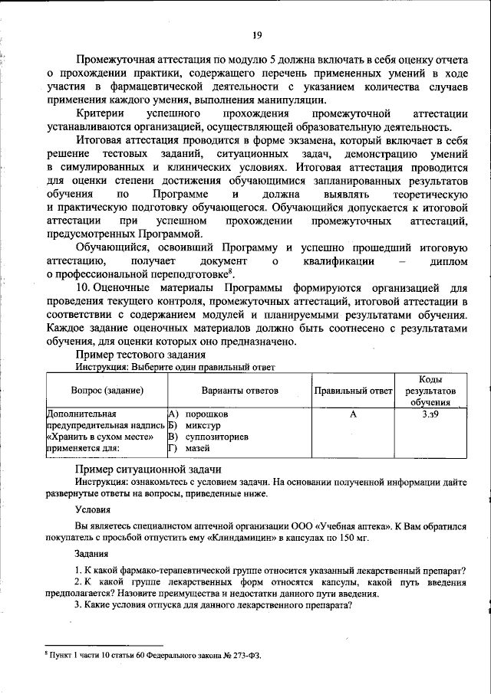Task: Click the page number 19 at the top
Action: (256, 34)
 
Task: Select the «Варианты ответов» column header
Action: (239, 391)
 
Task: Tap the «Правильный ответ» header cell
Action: (353, 391)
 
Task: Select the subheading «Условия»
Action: (92, 508)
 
